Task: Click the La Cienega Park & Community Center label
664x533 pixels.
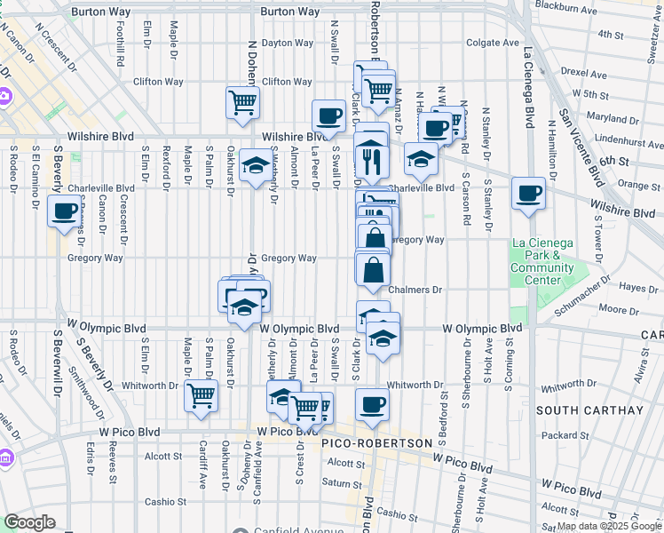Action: pyautogui.click(x=542, y=262)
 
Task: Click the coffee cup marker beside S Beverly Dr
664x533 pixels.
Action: pyautogui.click(x=65, y=211)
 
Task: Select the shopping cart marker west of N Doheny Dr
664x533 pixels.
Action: pyautogui.click(x=242, y=102)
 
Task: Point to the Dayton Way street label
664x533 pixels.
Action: pyautogui.click(x=287, y=43)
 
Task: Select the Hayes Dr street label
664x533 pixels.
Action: pyautogui.click(x=638, y=287)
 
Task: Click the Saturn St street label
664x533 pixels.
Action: pyautogui.click(x=337, y=482)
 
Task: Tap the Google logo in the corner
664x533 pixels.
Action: pyautogui.click(x=29, y=522)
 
